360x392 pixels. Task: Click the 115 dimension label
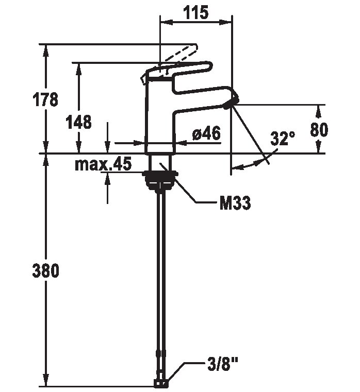(196, 12)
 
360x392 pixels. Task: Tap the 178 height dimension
(45, 99)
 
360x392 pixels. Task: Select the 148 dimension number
(78, 122)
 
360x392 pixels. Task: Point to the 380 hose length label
(46, 270)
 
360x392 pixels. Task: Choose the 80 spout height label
(319, 130)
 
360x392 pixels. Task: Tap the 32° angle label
(283, 138)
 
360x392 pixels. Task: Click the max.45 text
(103, 164)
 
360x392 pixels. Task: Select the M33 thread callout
(235, 203)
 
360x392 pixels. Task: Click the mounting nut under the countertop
(160, 179)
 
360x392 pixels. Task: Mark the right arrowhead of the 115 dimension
(225, 22)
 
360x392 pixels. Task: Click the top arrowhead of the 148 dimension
(78, 69)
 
